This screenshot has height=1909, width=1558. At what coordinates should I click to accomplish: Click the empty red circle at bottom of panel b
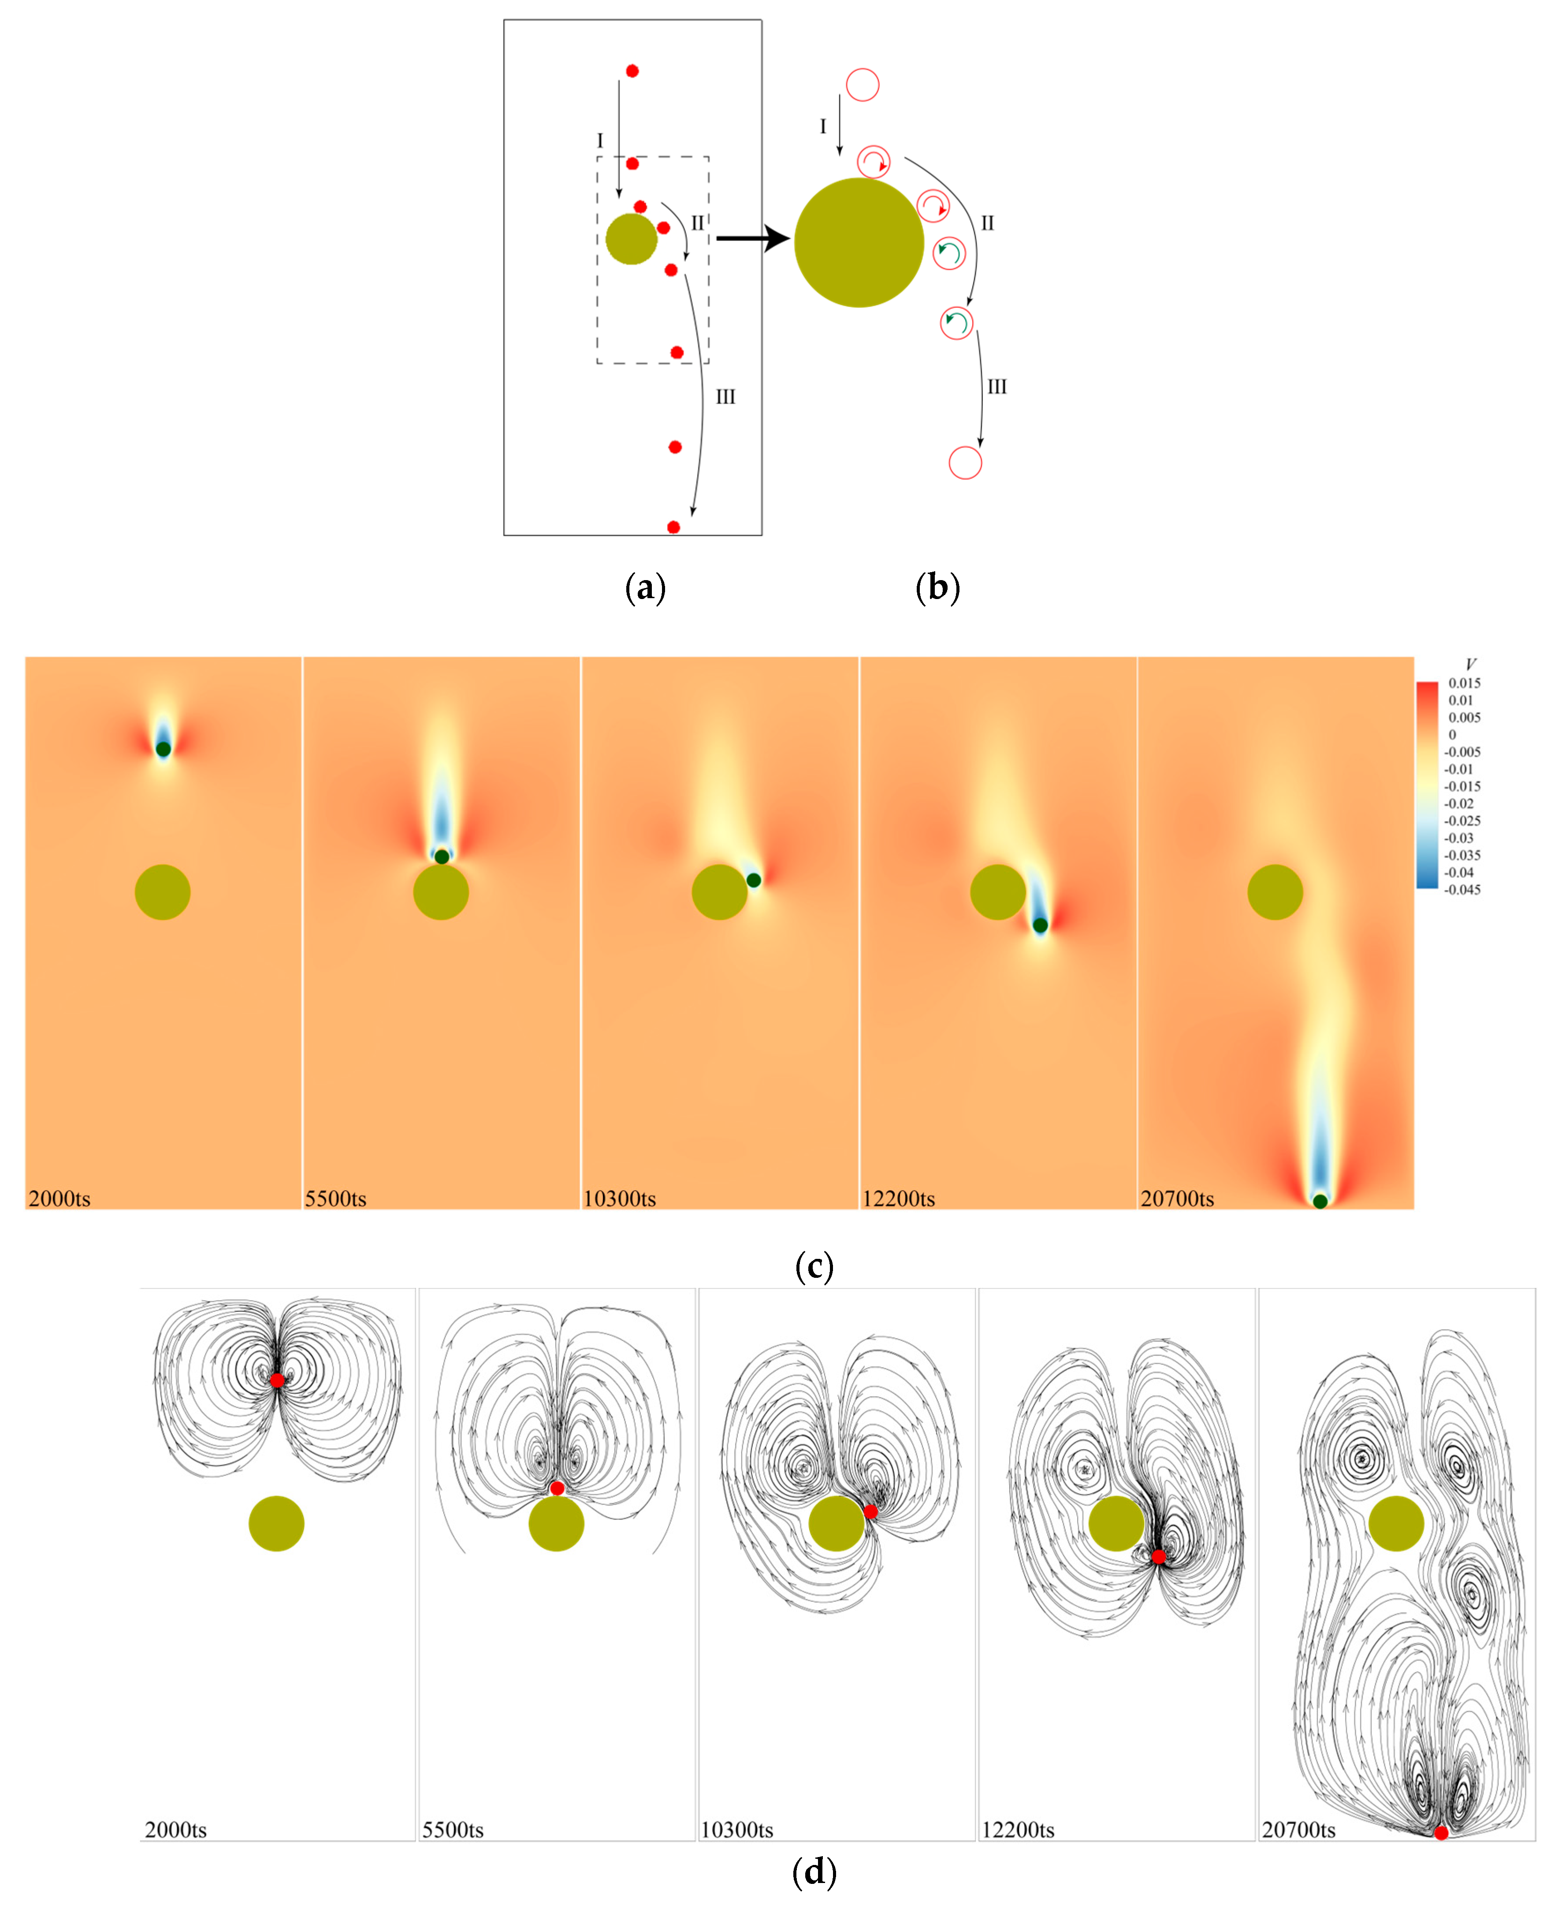click(x=965, y=463)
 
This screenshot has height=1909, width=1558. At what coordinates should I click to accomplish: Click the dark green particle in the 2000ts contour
click(x=163, y=748)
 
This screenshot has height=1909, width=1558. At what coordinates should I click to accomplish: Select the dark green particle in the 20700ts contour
click(x=1319, y=1201)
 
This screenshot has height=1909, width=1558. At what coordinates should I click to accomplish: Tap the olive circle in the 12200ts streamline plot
click(x=1116, y=1523)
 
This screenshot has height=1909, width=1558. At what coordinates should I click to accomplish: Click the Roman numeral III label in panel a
click(x=725, y=396)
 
